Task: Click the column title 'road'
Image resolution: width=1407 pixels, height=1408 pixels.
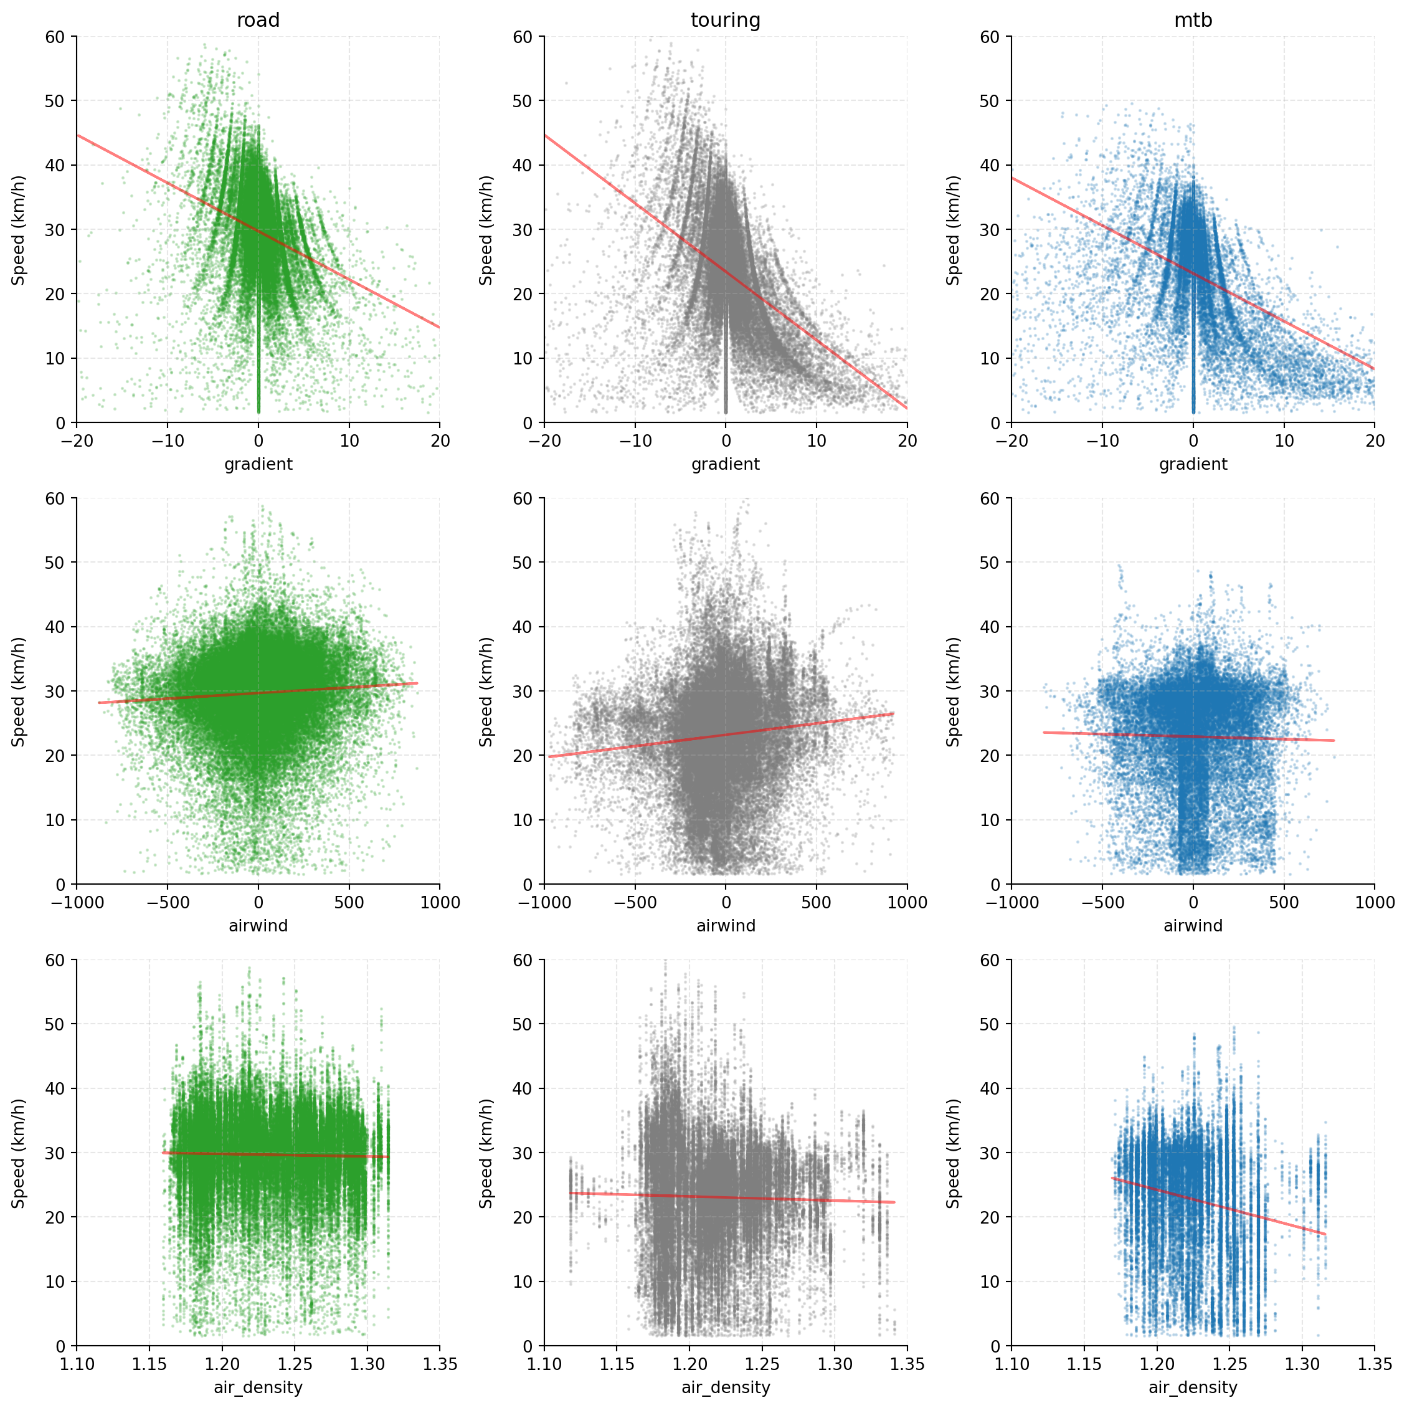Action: click(258, 21)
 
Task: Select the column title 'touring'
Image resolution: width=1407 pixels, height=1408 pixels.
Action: click(725, 21)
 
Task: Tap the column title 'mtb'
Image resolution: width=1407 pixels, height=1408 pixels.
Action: click(1193, 21)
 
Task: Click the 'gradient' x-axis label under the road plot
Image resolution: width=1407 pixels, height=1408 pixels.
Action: click(258, 464)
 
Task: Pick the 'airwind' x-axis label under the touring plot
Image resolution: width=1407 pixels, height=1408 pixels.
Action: click(725, 926)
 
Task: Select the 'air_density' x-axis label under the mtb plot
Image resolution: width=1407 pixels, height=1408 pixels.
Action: click(1193, 1387)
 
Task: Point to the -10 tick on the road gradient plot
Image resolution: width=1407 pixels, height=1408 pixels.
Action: click(167, 441)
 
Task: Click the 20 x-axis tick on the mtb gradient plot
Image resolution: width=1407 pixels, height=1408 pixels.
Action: click(1374, 441)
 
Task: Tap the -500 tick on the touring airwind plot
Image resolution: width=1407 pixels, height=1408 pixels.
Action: click(635, 902)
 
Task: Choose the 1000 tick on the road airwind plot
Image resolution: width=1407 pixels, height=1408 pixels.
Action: click(439, 902)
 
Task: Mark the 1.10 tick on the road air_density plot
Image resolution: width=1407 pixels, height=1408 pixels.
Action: click(77, 1364)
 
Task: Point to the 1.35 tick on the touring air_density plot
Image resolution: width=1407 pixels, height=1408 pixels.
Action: click(906, 1364)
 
